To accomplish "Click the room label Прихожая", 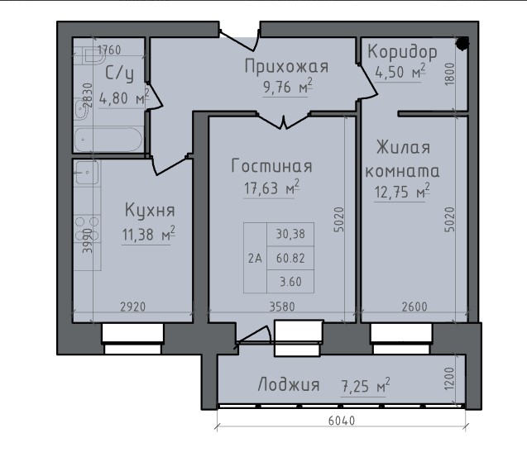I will pos(287,67).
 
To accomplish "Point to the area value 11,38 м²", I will pos(149,235).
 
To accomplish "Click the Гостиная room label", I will pos(271,165).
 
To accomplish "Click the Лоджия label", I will pos(289,384).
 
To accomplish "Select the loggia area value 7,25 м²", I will pos(365,385).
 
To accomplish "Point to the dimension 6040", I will pos(341,421).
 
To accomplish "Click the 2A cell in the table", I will pos(254,257).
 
